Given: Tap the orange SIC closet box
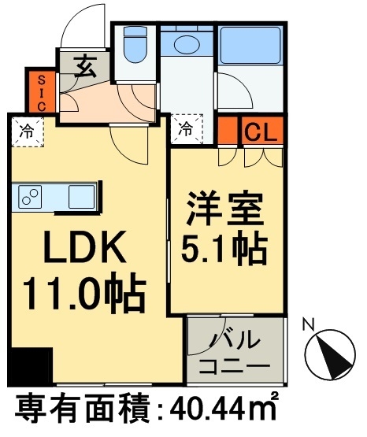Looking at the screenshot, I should tap(39, 91).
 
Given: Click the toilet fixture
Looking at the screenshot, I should tap(136, 48).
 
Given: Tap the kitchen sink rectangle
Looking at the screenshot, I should tap(80, 197).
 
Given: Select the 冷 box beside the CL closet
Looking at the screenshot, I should tap(187, 127).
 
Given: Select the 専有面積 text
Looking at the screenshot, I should tap(77, 410).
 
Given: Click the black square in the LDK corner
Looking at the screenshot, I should tap(29, 365).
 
